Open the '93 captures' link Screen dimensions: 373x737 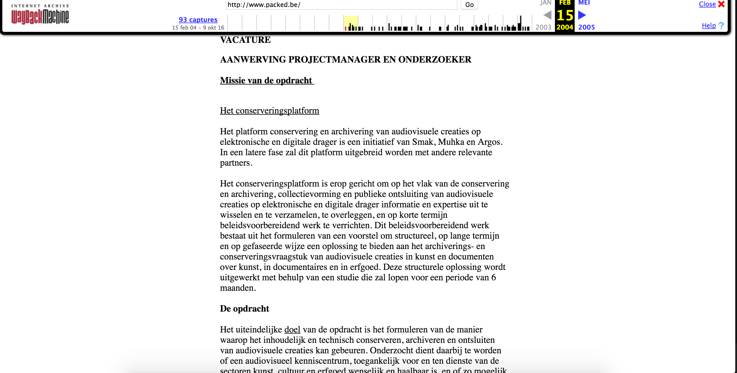click(x=198, y=20)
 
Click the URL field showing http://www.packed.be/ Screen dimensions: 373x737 click(x=341, y=5)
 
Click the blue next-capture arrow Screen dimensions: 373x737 click(x=582, y=15)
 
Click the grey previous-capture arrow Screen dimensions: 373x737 click(x=547, y=15)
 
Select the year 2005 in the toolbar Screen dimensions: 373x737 click(x=587, y=27)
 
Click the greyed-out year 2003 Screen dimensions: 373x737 click(x=543, y=27)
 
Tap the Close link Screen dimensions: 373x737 click(x=707, y=4)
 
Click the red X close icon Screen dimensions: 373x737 click(x=721, y=4)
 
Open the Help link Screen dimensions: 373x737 click(x=709, y=25)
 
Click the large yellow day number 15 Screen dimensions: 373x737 click(x=565, y=15)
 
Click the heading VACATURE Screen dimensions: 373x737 click(x=245, y=40)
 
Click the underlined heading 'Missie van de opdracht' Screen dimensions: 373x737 click(x=266, y=80)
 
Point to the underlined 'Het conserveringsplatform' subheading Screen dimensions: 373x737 click(x=269, y=111)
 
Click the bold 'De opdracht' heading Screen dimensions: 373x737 click(x=244, y=308)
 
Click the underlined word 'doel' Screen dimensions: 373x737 click(x=292, y=330)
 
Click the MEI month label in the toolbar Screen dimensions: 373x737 click(x=584, y=3)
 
